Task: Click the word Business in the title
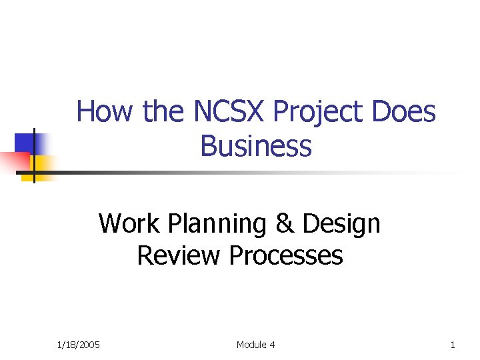pos(255,146)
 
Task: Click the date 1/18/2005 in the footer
pos(78,345)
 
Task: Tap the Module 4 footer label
pos(255,345)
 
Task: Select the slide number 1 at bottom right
pos(453,345)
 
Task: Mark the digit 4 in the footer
pos(272,345)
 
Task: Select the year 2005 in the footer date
pos(89,345)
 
